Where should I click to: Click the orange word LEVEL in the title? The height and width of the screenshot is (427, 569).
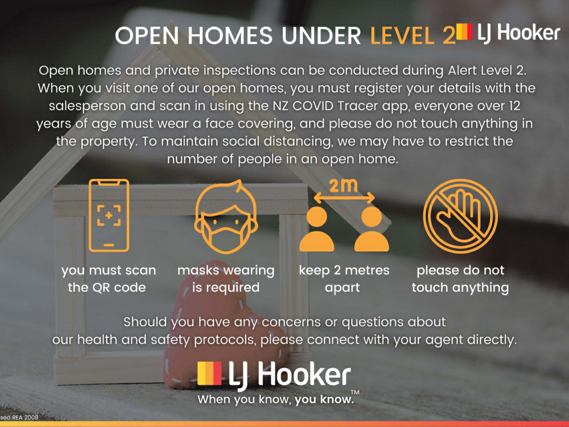(x=402, y=36)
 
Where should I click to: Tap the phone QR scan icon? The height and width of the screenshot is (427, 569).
(x=109, y=215)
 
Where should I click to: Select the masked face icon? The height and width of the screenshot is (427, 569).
(x=226, y=216)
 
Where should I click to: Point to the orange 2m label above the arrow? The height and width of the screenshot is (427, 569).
(x=343, y=186)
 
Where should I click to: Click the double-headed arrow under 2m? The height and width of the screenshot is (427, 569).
(x=344, y=198)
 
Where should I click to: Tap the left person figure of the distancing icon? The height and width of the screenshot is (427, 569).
(x=317, y=229)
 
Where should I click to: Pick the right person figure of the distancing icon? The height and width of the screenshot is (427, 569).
(x=372, y=229)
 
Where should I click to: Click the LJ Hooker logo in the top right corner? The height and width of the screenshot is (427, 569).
(x=508, y=33)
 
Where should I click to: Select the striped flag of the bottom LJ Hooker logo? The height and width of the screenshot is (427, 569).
(x=209, y=373)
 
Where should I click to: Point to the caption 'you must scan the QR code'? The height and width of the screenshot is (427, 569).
(x=108, y=279)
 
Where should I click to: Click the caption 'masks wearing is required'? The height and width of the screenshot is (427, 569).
(x=226, y=279)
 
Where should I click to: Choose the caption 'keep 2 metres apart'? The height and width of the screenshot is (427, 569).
(x=344, y=279)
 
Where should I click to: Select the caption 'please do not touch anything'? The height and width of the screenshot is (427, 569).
(x=460, y=279)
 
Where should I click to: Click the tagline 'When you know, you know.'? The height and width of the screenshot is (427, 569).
(x=276, y=399)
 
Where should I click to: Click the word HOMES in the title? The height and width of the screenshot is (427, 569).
(x=230, y=36)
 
